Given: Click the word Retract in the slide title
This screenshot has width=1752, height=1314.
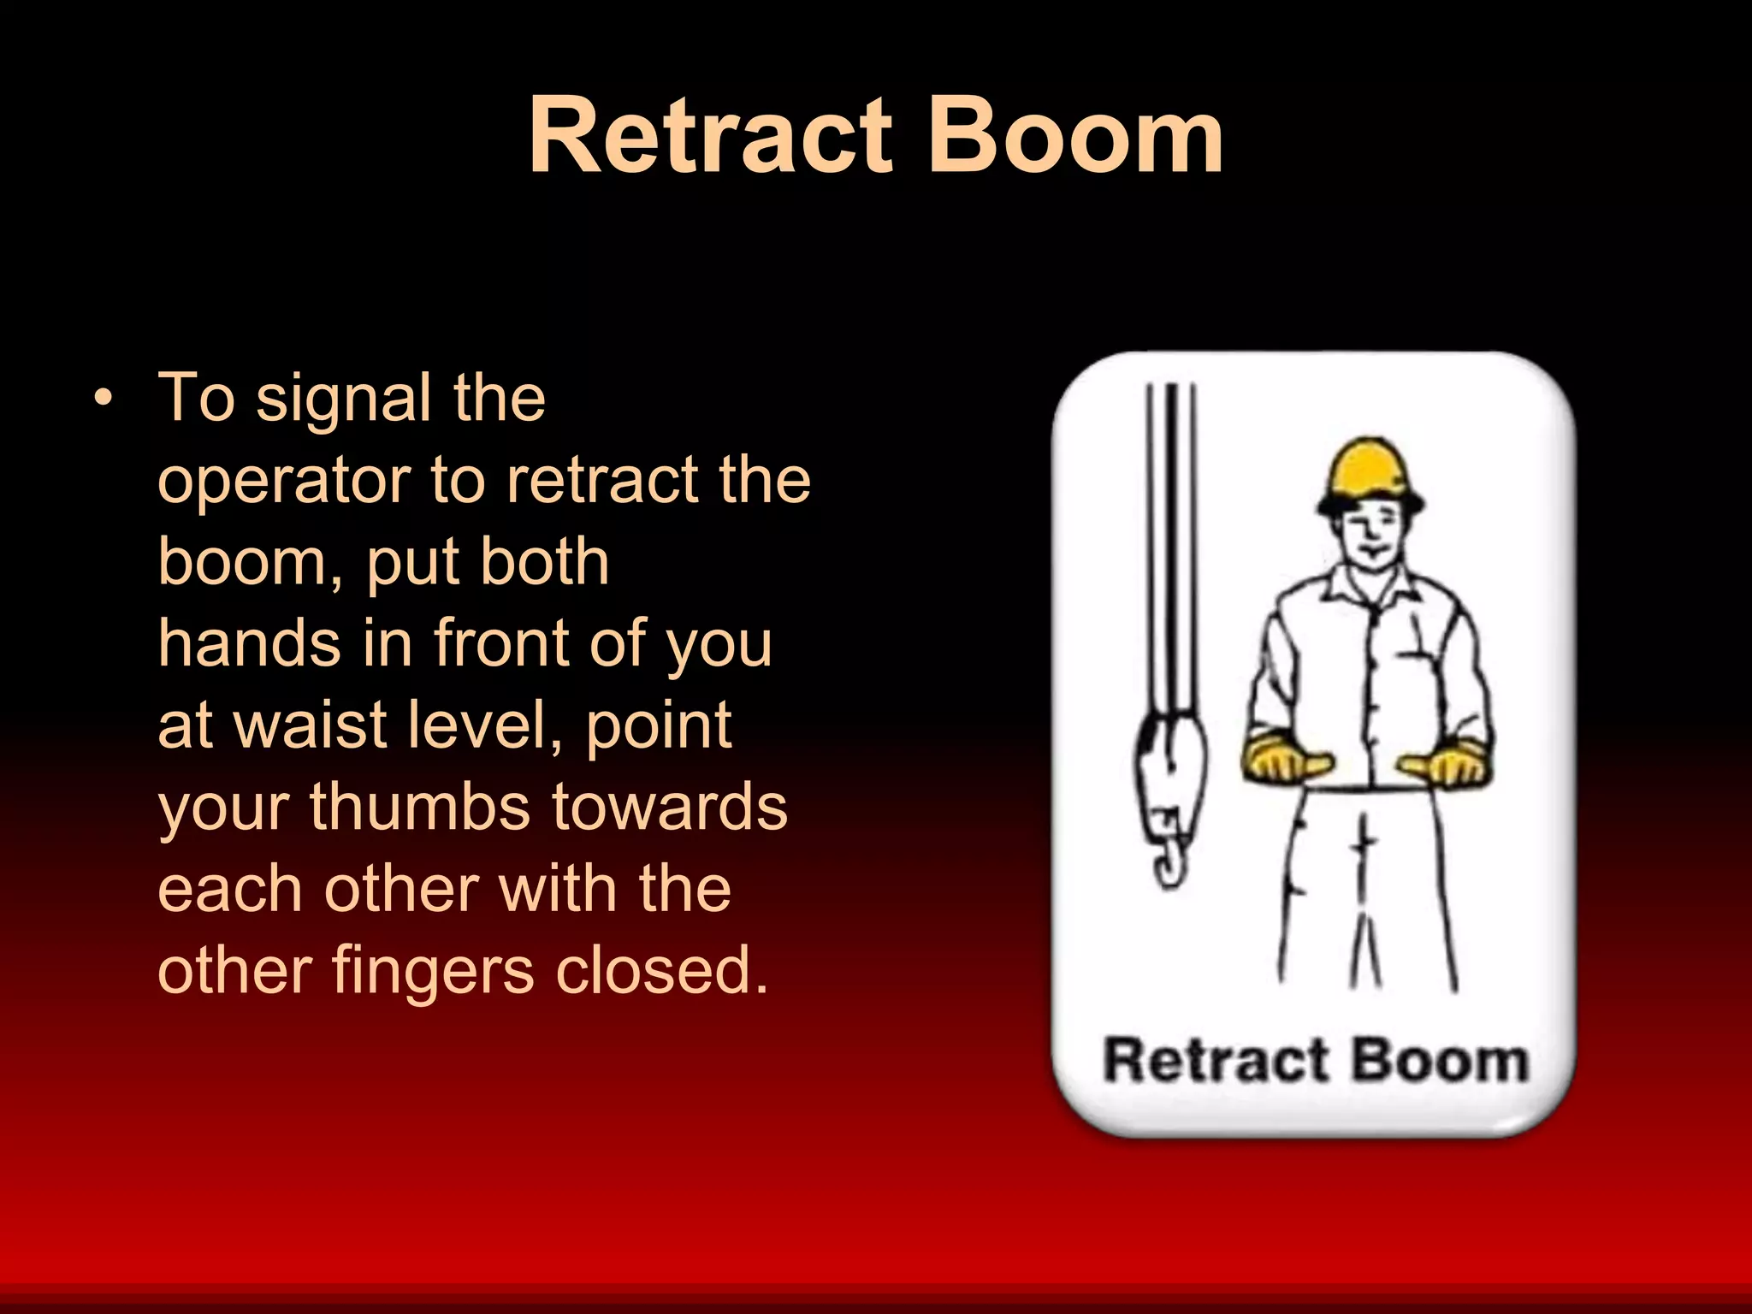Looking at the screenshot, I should point(710,137).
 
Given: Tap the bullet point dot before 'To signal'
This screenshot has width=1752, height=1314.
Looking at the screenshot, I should point(104,399).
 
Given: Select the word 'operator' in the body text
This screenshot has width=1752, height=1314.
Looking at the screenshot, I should point(282,481).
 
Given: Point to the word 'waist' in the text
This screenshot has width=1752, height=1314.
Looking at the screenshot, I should point(313,725).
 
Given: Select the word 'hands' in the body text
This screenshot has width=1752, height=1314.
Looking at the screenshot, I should point(248,643).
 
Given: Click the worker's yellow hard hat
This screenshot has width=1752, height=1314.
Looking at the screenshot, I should point(1370,475).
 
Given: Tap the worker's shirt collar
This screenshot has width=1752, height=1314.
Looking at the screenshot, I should point(1369,590).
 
